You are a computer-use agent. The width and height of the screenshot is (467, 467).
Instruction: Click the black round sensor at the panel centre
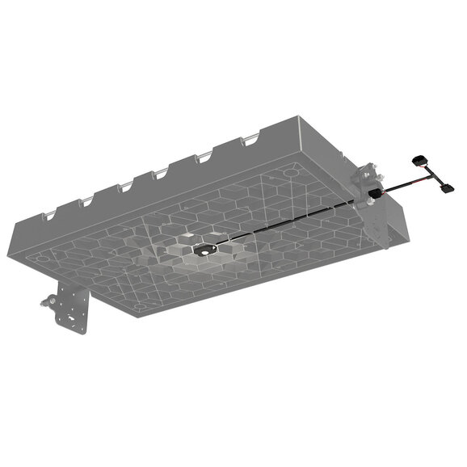click(200, 252)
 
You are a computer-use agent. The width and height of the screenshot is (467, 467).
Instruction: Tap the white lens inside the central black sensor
click(202, 252)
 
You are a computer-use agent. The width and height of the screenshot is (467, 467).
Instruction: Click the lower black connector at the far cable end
click(445, 187)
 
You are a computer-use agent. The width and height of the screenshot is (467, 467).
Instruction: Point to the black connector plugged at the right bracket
click(377, 195)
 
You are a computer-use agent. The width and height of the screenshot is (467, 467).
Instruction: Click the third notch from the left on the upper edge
click(125, 187)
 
